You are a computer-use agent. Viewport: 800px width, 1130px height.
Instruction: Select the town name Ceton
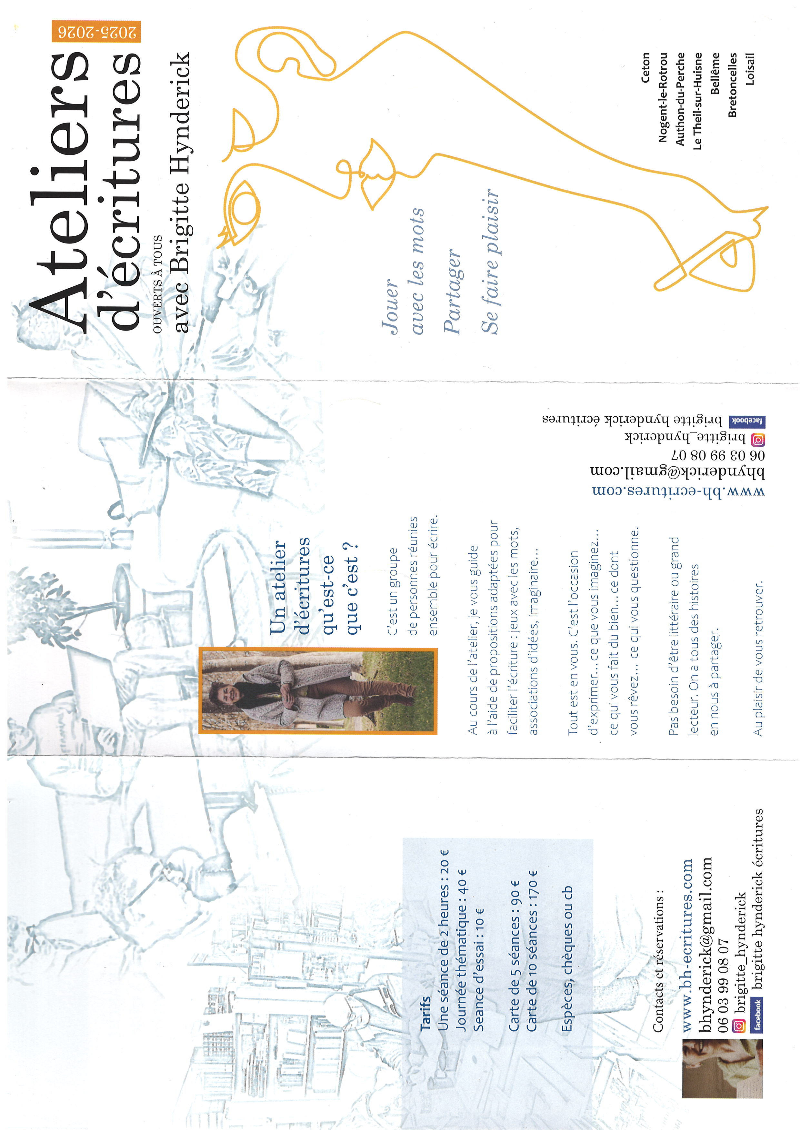tap(645, 67)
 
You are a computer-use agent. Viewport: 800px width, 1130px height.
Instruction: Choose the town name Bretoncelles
tap(733, 85)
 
